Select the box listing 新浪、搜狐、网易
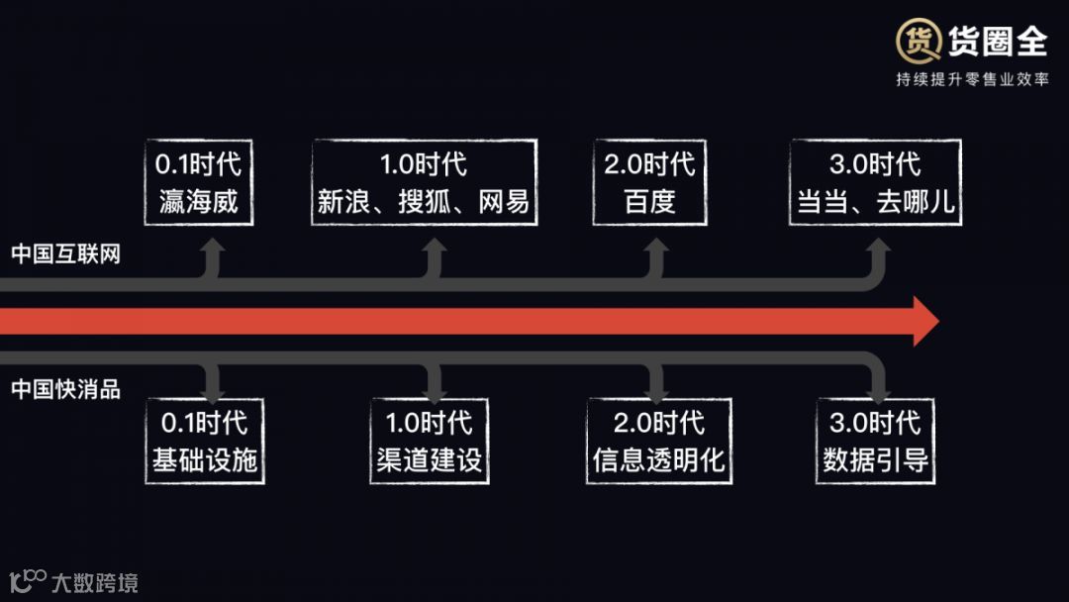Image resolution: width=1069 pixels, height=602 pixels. [x=424, y=182]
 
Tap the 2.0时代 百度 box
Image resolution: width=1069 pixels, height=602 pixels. [x=649, y=182]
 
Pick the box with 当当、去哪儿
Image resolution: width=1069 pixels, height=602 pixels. [x=876, y=182]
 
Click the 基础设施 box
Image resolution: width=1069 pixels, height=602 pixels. [x=205, y=441]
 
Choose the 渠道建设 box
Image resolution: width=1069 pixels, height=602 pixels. [x=431, y=441]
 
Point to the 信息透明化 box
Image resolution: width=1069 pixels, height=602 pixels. [x=659, y=441]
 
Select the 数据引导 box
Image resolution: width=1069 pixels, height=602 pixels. [x=876, y=441]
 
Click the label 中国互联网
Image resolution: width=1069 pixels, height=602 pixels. [x=65, y=254]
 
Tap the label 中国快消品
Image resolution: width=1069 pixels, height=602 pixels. [x=65, y=389]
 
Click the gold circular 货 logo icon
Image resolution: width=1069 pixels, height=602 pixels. [x=918, y=42]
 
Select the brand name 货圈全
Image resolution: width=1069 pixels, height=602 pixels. [x=997, y=41]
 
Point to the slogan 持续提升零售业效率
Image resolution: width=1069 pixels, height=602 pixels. [x=972, y=79]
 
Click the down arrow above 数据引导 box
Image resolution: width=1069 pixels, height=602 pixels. [x=878, y=381]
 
